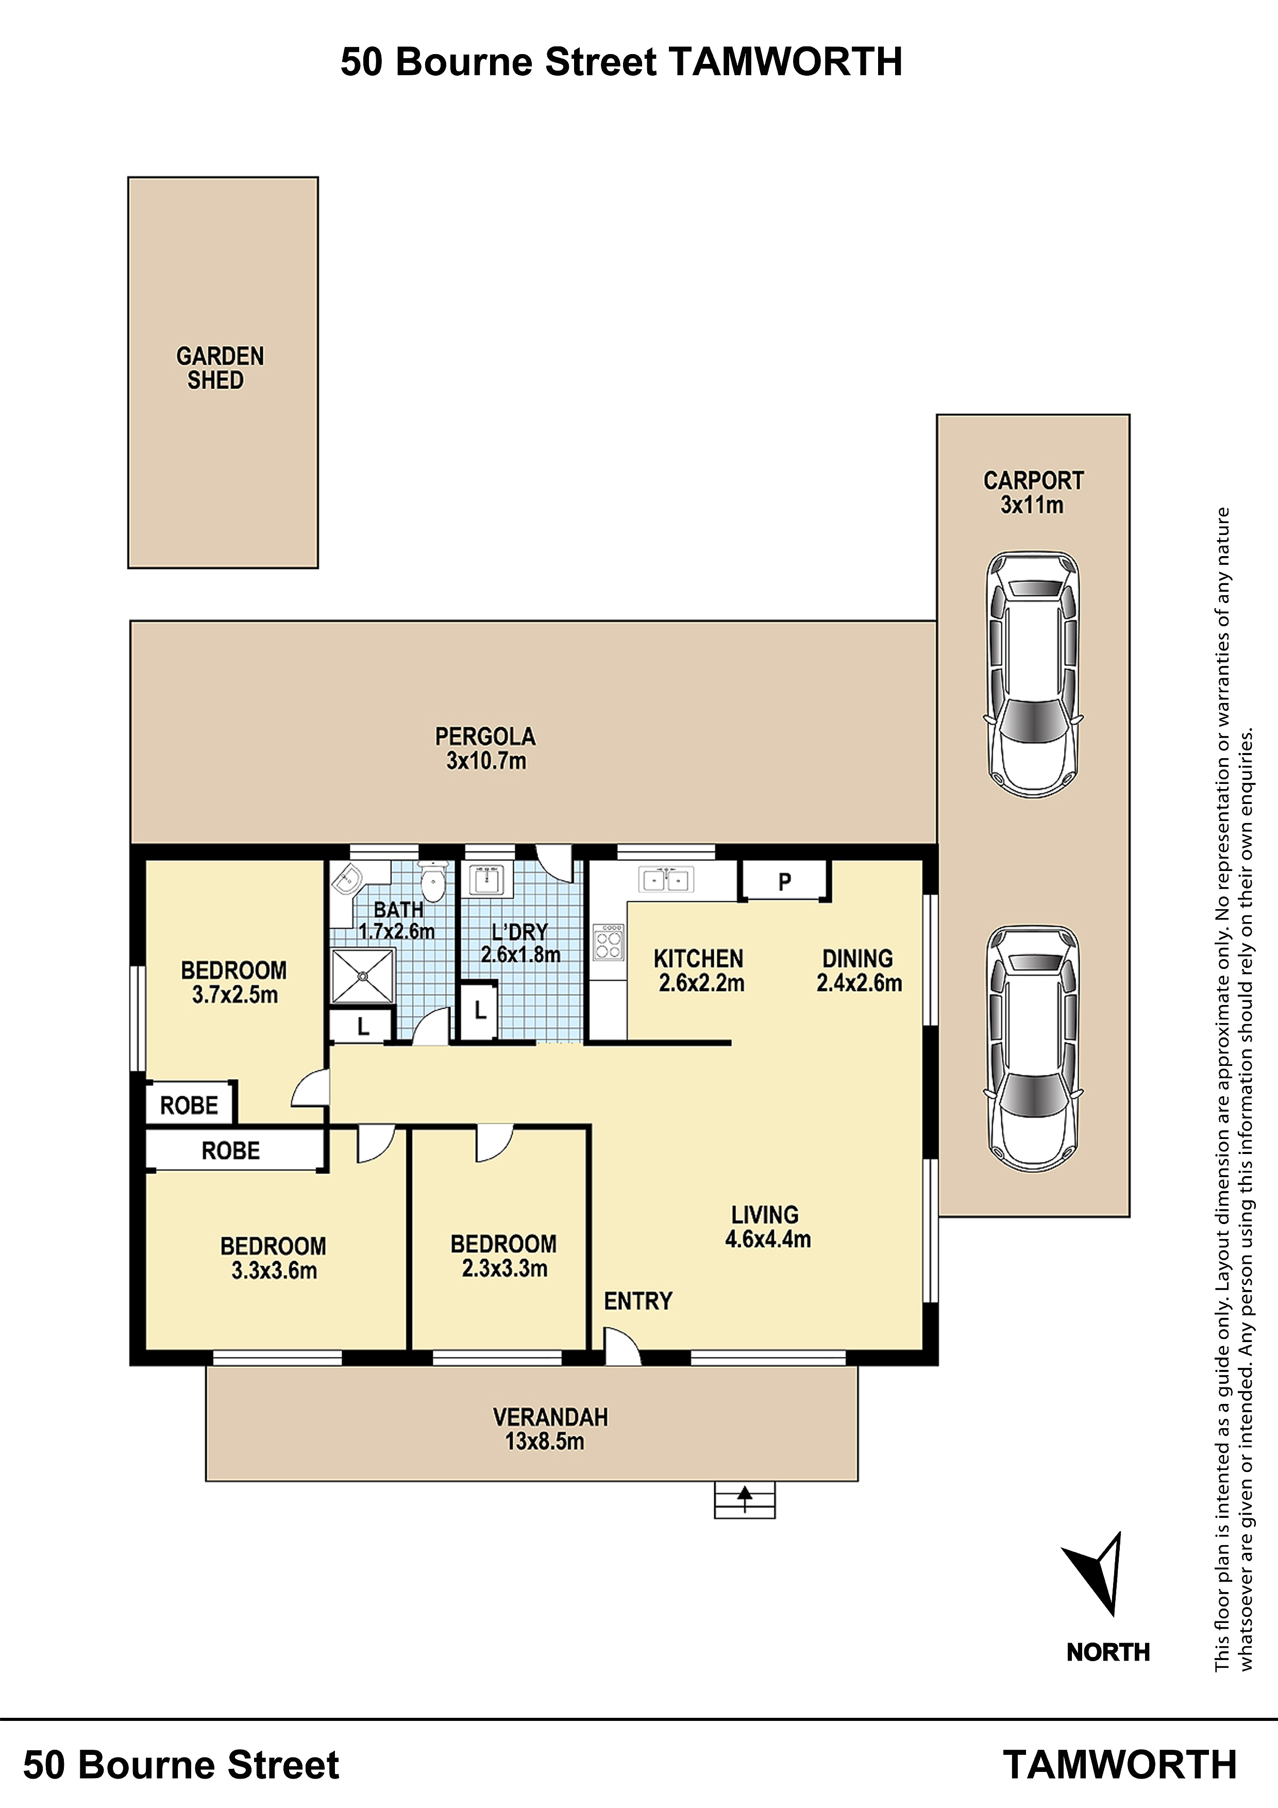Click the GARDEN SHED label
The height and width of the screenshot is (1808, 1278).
click(220, 368)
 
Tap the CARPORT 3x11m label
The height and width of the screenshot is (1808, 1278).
click(1033, 492)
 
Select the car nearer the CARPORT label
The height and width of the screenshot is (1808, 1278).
click(1033, 675)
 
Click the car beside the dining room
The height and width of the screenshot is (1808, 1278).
click(1033, 1050)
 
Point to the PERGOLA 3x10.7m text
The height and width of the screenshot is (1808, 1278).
click(485, 748)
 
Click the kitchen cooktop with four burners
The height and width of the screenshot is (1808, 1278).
click(609, 942)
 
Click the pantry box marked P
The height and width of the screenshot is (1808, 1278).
click(784, 880)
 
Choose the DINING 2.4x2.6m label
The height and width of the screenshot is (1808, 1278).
click(859, 970)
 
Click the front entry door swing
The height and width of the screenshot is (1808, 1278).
click(622, 1345)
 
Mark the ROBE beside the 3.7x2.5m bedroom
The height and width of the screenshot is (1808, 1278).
click(189, 1106)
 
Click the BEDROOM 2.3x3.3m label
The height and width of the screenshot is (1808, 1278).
click(504, 1256)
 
